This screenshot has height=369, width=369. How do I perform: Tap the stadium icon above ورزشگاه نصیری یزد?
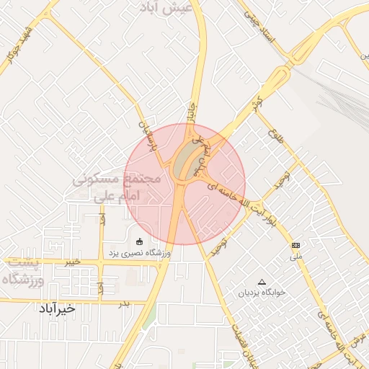click(139, 241)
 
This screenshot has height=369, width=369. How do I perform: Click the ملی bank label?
click(295, 257)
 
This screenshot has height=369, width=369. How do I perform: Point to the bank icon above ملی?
click(295, 245)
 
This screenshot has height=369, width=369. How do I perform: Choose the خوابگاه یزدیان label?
click(262, 293)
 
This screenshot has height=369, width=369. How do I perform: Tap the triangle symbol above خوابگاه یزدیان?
click(262, 282)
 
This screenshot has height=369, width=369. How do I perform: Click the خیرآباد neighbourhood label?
click(58, 308)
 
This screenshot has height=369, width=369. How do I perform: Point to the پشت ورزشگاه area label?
click(23, 272)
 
